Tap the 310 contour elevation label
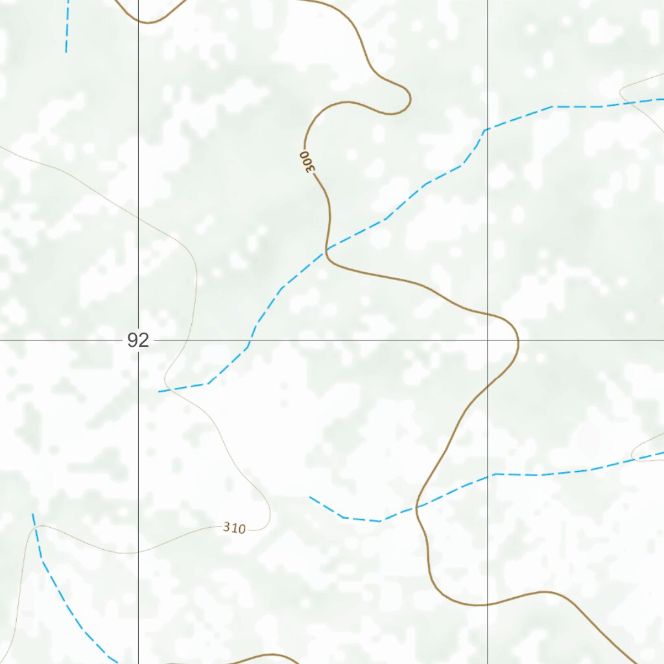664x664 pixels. pos(234,528)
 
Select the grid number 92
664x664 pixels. pos(138,340)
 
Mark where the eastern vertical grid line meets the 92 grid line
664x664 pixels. pos(488,340)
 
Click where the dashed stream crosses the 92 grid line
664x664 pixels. pos(252,340)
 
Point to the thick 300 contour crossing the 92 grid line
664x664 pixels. pos(518,340)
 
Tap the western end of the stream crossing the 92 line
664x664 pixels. pos(160,392)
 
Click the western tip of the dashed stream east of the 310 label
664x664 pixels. pos(310,497)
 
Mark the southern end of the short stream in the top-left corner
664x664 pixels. pos(65,52)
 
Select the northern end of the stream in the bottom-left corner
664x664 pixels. pos(32,514)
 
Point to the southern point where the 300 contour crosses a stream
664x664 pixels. pos(418,505)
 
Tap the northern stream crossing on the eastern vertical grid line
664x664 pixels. pos(488,128)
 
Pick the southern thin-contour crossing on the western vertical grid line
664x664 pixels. pos(138,552)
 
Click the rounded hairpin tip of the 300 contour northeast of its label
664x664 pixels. pos(410,99)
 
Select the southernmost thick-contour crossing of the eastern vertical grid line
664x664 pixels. pos(488,604)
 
